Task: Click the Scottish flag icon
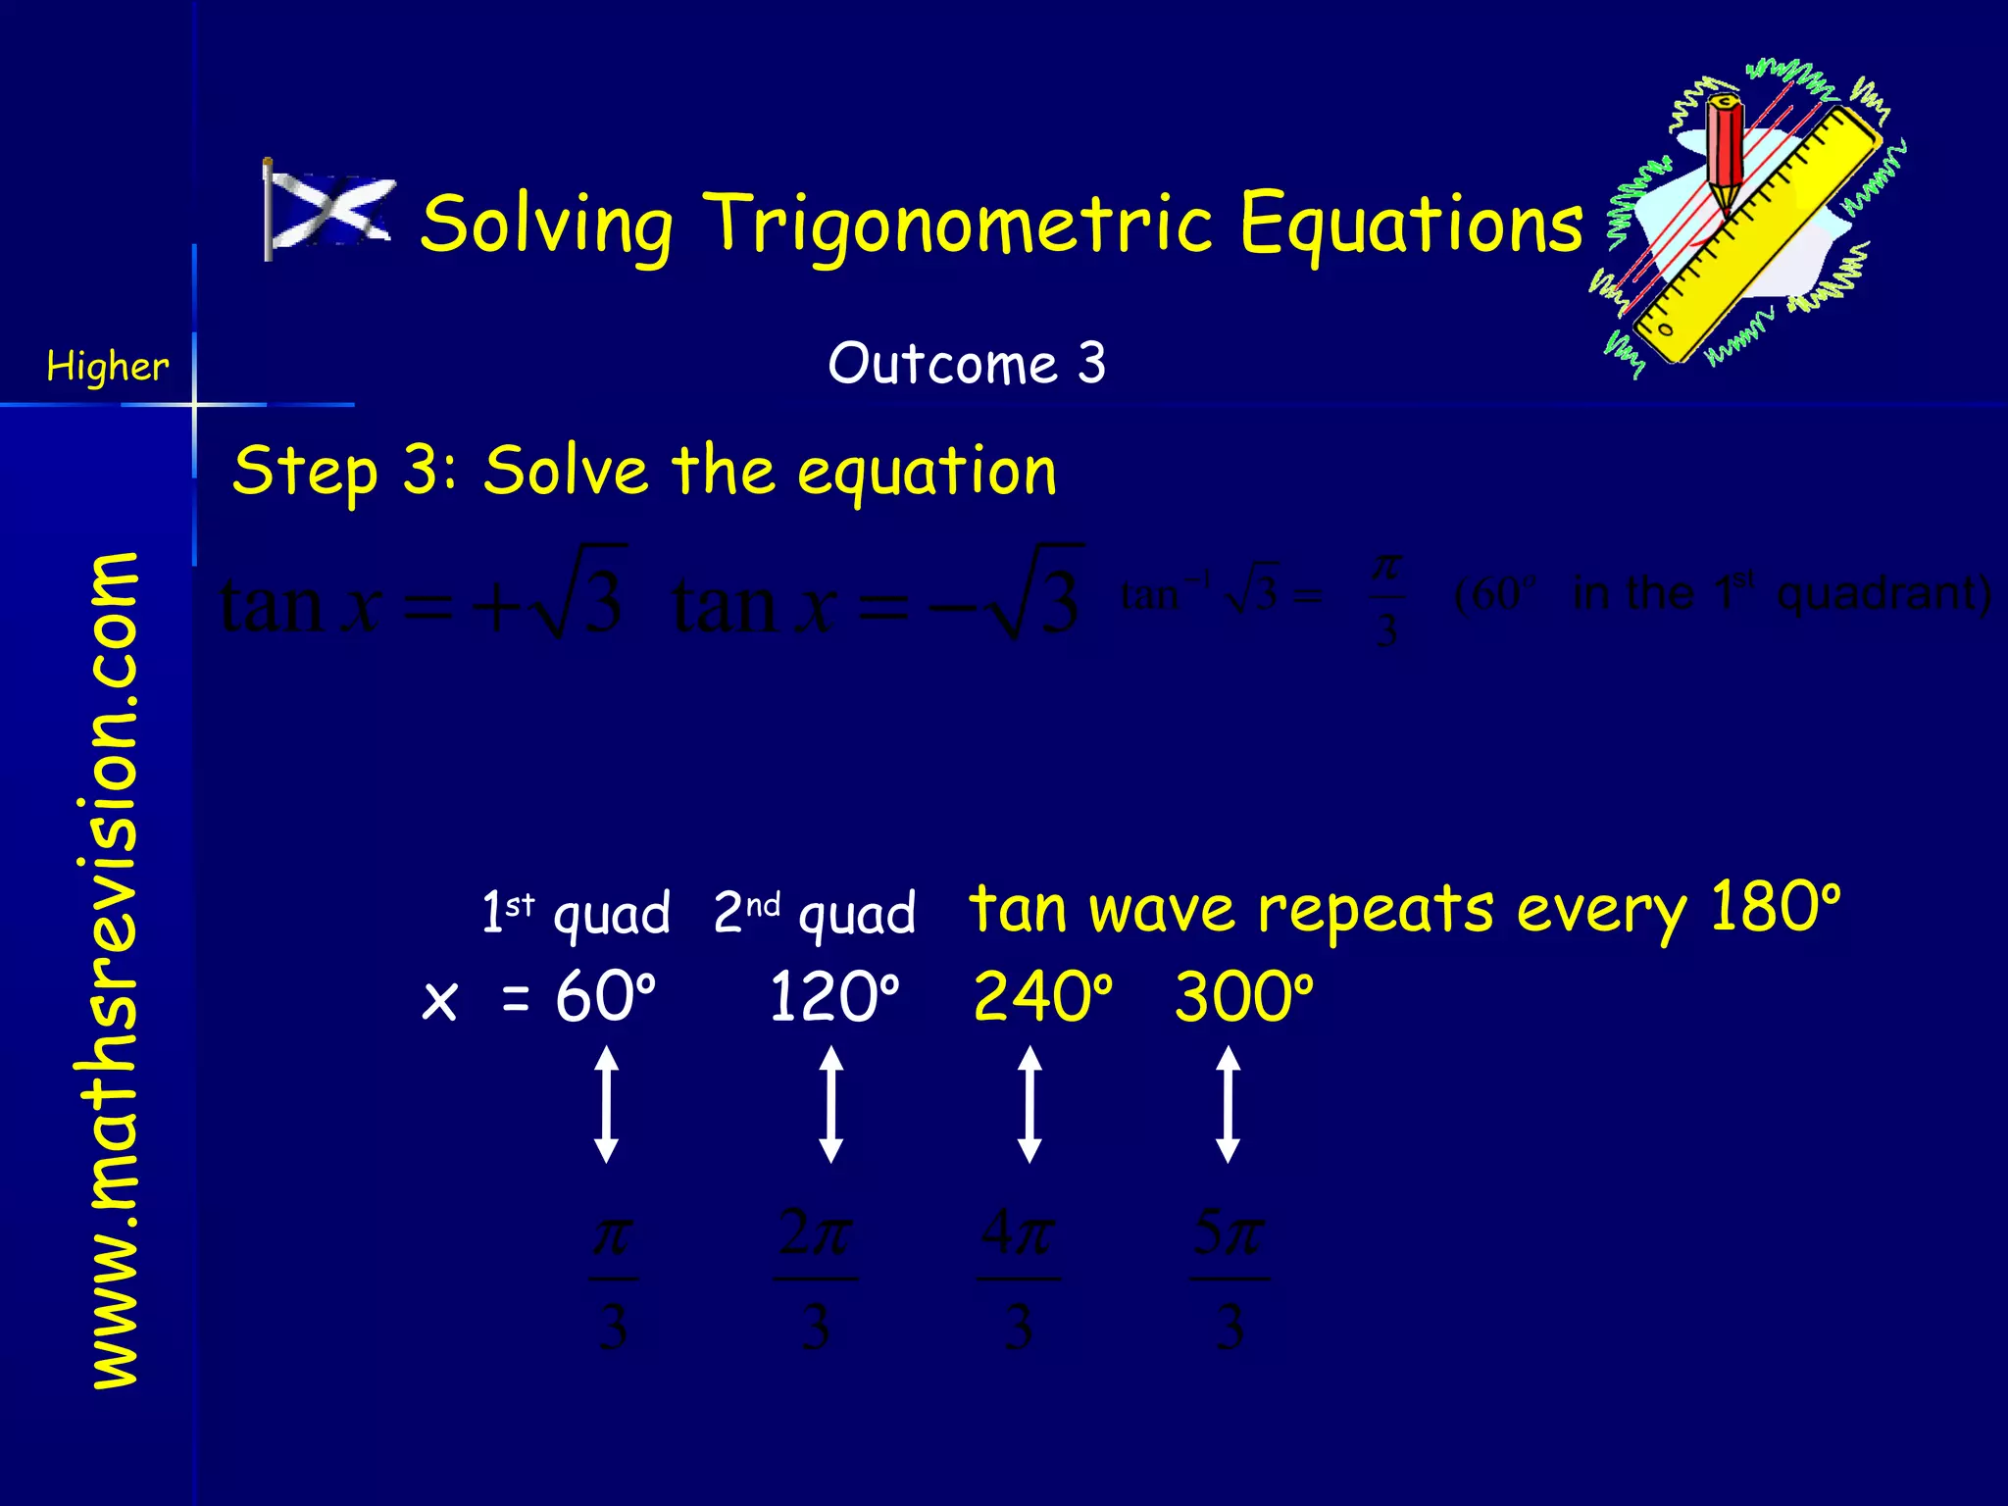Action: [x=329, y=210]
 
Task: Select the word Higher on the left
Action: [x=107, y=367]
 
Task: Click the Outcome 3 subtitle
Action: [x=967, y=363]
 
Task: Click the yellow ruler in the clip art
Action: [x=1755, y=235]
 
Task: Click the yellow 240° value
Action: [x=1042, y=997]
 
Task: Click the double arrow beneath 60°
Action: [x=607, y=1104]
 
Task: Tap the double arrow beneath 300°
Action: [x=1228, y=1104]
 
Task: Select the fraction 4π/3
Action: [x=1019, y=1279]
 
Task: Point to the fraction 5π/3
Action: [x=1230, y=1279]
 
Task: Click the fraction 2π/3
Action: [x=815, y=1279]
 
